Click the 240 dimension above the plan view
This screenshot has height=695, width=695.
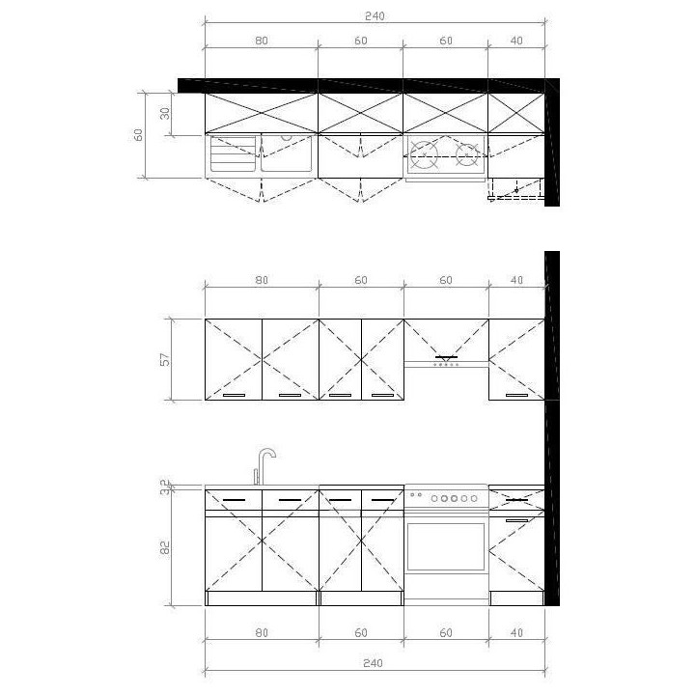374,15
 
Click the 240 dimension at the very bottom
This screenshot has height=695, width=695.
374,664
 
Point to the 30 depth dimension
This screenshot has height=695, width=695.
166,114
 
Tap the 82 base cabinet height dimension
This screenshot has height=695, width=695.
164,547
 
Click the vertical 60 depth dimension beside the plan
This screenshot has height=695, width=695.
138,134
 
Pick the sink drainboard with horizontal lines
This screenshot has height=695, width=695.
233,153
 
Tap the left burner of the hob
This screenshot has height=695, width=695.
425,153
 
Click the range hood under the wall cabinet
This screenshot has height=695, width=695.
446,362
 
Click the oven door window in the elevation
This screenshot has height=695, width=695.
445,547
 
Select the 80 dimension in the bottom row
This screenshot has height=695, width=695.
261,634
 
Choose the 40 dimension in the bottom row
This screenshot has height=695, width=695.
516,634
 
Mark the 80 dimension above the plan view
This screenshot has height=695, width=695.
261,41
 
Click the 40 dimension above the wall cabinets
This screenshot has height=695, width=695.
516,280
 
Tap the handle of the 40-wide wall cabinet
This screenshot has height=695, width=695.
517,395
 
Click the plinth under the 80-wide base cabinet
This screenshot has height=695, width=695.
262,598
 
